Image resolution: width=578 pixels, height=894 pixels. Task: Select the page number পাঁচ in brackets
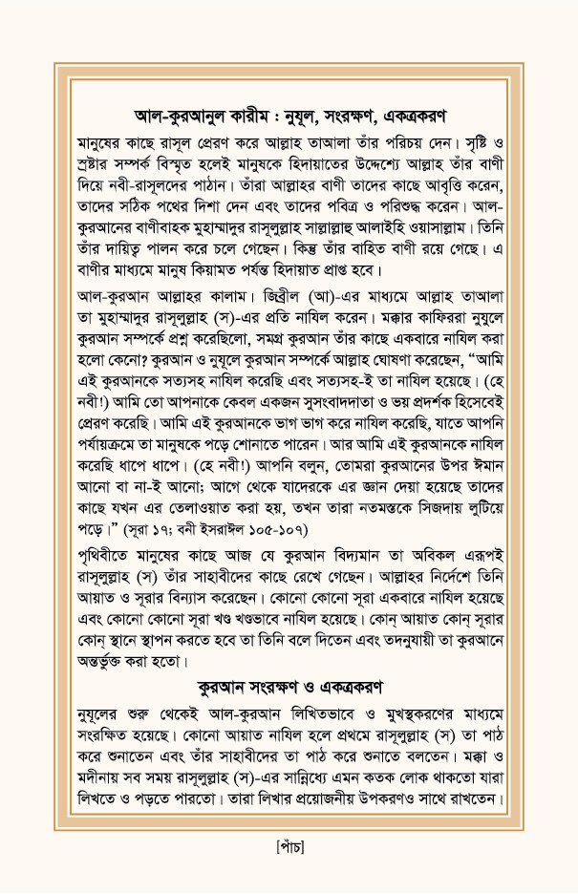[x=288, y=848]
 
